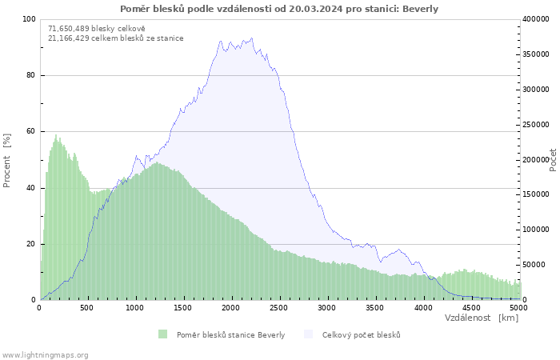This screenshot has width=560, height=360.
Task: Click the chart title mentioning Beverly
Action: [x=279, y=9]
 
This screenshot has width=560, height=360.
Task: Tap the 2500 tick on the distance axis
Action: [x=278, y=308]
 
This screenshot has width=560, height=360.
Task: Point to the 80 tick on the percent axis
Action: [x=30, y=75]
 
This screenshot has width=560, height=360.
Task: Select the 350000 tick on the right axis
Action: [x=535, y=54]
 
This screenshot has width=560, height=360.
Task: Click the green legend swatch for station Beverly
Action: [x=162, y=334]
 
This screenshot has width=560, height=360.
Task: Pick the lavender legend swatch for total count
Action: [x=308, y=334]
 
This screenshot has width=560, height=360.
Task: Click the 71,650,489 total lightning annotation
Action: [x=97, y=29]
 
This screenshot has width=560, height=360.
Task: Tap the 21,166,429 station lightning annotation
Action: [x=116, y=38]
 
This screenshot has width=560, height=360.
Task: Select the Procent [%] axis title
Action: [x=6, y=160]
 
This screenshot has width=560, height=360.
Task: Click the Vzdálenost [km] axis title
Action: [x=481, y=318]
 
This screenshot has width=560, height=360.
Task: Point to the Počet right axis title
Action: [x=553, y=160]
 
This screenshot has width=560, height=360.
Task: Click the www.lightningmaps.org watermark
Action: [x=45, y=355]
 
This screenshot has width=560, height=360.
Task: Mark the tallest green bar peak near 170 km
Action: [x=56, y=135]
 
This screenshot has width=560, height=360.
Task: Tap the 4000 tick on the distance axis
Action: [x=423, y=308]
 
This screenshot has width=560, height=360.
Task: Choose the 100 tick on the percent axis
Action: [x=29, y=19]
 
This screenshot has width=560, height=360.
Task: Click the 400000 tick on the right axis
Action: [x=535, y=19]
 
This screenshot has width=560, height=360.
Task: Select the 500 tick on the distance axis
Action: [x=86, y=308]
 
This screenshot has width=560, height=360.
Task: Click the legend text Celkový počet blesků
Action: [x=361, y=334]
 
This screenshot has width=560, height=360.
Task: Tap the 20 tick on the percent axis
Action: [x=30, y=244]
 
